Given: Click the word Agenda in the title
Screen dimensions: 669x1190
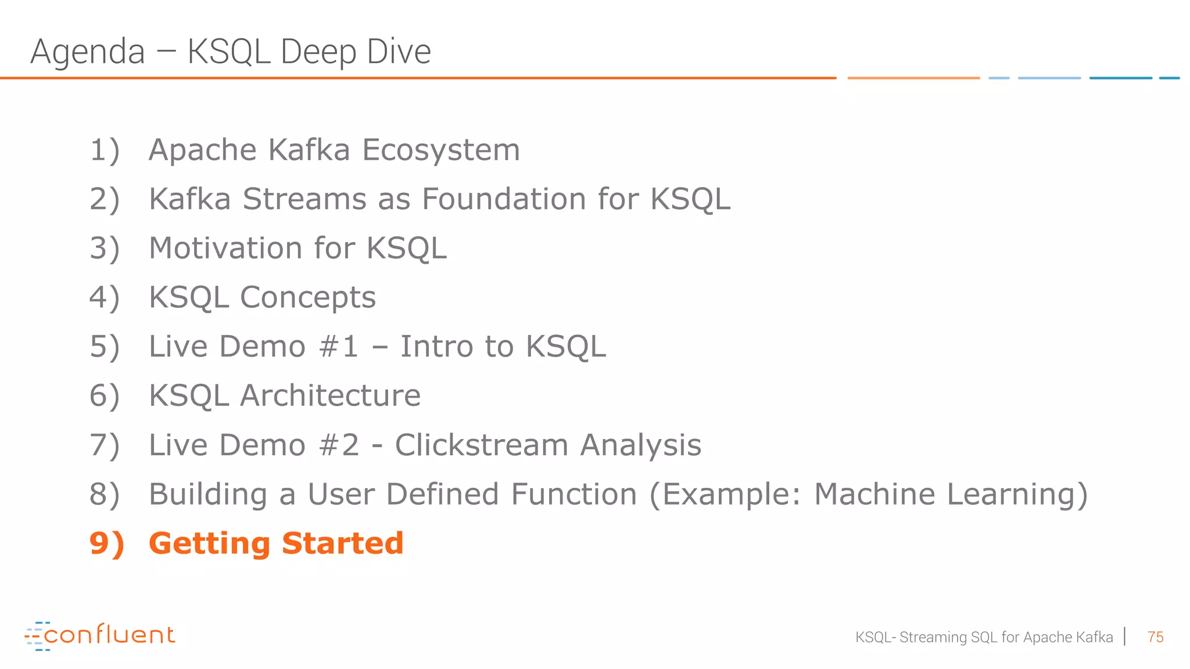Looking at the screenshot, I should point(87,52).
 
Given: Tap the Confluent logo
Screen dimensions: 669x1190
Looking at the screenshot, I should point(100,635).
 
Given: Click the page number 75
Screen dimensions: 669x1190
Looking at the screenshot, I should point(1155,637).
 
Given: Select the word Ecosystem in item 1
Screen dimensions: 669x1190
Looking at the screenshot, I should point(441,150).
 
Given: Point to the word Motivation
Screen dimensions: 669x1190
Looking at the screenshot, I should point(225,249).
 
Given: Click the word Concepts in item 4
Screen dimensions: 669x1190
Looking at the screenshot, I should point(308,298).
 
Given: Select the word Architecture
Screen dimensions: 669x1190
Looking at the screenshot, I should point(330,396).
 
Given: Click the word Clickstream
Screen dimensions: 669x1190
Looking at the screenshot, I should point(482,445).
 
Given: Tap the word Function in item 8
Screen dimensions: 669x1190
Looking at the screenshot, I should point(574,495).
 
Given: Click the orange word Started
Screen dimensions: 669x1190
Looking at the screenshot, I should point(343,544).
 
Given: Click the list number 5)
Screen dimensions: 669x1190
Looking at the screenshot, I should point(105,347).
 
